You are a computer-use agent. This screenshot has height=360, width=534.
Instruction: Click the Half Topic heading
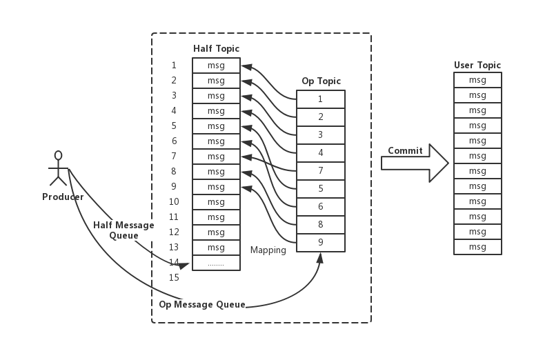[x=216, y=48]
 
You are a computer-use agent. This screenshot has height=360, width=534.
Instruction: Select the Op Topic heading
[x=321, y=81]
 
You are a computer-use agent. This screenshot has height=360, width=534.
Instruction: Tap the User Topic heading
[x=477, y=66]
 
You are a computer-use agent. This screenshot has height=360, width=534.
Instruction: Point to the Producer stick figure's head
[x=59, y=155]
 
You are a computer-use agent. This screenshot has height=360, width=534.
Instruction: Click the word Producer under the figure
[x=63, y=197]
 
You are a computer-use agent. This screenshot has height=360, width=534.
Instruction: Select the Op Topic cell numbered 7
[x=321, y=170]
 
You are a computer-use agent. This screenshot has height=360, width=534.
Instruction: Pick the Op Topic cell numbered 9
[x=321, y=242]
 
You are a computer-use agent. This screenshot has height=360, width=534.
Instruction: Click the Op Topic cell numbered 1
[x=321, y=99]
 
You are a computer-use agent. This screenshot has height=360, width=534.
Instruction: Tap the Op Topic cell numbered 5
[x=321, y=188]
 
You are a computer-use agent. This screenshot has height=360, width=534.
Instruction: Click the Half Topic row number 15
[x=174, y=278]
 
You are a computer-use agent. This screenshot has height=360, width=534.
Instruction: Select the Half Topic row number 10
[x=174, y=202]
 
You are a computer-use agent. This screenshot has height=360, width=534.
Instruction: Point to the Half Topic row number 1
[x=174, y=66]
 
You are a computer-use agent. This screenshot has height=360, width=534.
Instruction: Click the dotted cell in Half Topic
[x=216, y=263]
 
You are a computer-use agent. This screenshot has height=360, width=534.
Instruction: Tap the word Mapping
[x=268, y=250]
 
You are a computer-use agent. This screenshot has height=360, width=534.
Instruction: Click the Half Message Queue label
[x=123, y=230]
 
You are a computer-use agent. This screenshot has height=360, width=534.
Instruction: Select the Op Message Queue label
[x=201, y=304]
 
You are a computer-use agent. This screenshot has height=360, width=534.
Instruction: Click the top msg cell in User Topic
[x=477, y=80]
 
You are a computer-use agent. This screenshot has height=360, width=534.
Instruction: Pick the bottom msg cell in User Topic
[x=477, y=247]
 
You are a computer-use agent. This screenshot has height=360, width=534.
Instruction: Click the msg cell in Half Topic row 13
[x=216, y=248]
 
